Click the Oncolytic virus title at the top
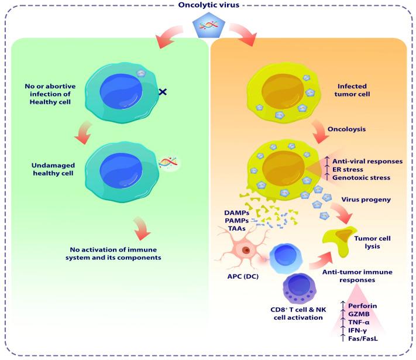coord(208,6)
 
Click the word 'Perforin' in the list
coord(364,305)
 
